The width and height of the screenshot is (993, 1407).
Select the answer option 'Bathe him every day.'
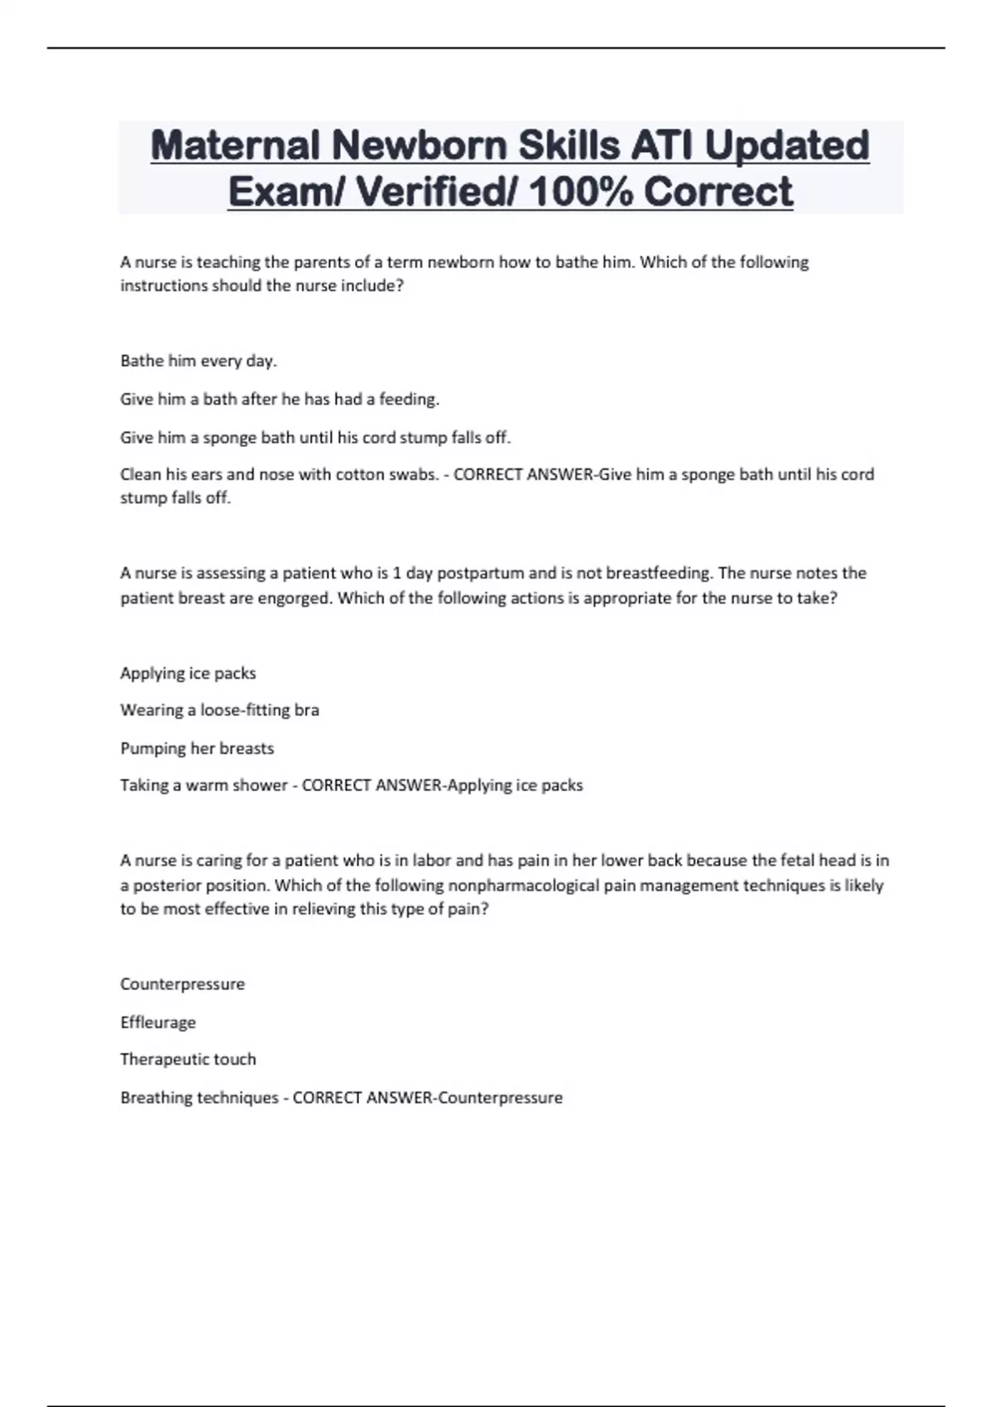pos(199,361)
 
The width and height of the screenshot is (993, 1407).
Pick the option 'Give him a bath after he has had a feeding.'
pos(280,399)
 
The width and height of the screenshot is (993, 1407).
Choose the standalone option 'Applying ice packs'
pos(188,673)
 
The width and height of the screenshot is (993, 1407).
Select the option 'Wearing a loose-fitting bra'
pos(219,710)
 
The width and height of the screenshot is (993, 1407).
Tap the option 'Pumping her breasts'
pos(197,748)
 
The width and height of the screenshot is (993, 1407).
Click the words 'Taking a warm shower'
pos(204,785)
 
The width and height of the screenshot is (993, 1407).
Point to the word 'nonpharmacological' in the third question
pos(523,885)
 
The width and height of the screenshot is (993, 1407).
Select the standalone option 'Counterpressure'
pos(182,984)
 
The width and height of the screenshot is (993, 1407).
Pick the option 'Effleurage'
pos(158,1022)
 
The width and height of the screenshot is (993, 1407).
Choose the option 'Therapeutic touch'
pos(188,1059)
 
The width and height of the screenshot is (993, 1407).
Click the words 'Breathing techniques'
pos(199,1097)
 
